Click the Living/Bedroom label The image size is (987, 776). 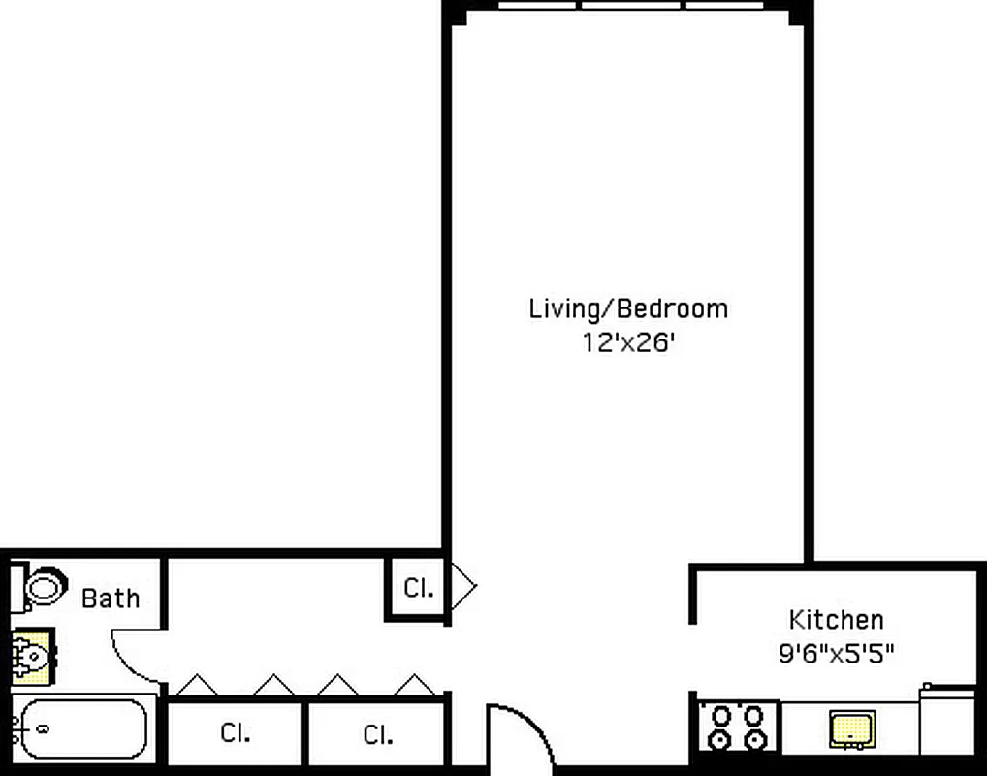(x=627, y=309)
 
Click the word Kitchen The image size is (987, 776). (x=836, y=619)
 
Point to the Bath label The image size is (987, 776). (x=111, y=598)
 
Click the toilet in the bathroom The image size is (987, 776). (x=44, y=587)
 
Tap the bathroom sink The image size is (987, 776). (x=33, y=657)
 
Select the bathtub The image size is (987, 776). (x=83, y=729)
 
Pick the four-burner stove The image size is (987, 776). (x=738, y=727)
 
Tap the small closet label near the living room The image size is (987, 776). (x=418, y=588)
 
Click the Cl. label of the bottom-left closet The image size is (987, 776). (x=235, y=733)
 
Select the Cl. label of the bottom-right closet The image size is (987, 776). (x=378, y=734)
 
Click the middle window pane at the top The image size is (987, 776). (x=632, y=5)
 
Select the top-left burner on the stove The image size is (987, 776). (x=722, y=716)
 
